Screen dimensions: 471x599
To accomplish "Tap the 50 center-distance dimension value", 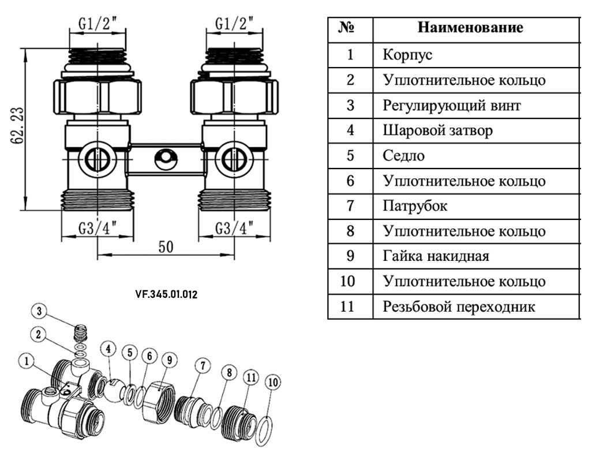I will point(166,246).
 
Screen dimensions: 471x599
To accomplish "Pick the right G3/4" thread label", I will point(235,229).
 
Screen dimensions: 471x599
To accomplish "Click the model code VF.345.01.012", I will point(166,294).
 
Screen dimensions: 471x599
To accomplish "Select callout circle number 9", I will point(169,359).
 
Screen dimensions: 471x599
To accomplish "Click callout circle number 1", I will point(27,361).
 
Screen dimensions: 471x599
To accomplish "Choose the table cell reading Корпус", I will point(407,55).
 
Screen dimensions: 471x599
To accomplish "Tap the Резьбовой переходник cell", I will point(459,306).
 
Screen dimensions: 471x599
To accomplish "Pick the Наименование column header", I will point(470,28).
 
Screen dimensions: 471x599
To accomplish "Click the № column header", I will point(350,28).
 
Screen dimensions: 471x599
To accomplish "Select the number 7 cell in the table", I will point(350,205).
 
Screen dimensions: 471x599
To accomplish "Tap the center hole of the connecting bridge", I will point(166,156).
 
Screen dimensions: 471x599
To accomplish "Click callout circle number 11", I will point(250,377).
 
